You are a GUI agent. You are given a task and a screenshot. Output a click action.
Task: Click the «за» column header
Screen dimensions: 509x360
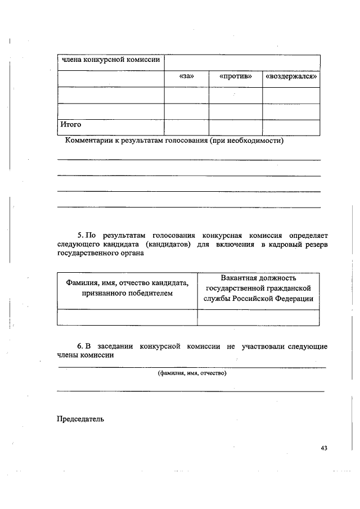pos(186,77)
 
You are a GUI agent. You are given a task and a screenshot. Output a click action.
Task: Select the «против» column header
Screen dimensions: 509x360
pos(235,77)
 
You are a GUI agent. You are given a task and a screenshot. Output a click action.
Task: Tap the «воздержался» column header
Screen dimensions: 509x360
pos(291,77)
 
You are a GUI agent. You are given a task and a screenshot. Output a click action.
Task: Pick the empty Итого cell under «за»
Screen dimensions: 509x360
pos(186,127)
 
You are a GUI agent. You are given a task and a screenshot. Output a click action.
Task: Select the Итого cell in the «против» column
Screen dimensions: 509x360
pos(235,127)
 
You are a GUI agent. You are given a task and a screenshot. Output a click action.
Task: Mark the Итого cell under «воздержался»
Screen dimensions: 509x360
pos(291,127)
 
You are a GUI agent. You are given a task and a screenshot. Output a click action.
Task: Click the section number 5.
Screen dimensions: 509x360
pos(80,233)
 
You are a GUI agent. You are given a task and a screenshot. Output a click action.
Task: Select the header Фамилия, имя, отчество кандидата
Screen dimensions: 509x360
pos(127,283)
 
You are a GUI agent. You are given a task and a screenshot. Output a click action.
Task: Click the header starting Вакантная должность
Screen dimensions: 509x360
pos(258,278)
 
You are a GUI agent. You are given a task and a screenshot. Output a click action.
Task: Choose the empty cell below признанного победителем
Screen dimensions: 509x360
pos(127,317)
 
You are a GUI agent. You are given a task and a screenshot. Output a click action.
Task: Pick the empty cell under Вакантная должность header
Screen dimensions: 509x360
pos(258,317)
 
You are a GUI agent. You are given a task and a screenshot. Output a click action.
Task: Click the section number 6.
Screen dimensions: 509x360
pos(80,345)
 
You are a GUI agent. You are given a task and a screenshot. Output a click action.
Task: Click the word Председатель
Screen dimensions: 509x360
pos(80,418)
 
